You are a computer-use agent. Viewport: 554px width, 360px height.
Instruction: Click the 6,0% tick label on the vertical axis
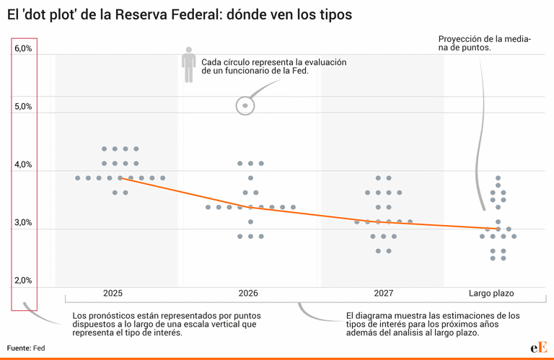click(x=23, y=49)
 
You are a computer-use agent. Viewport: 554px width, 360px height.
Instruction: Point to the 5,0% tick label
click(x=23, y=107)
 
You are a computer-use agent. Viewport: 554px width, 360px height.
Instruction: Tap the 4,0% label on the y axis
click(x=23, y=165)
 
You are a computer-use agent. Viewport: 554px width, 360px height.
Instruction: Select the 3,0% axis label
click(x=23, y=223)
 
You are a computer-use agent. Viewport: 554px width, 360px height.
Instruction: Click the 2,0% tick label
click(x=23, y=281)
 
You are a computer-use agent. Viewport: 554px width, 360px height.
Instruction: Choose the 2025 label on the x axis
click(x=113, y=294)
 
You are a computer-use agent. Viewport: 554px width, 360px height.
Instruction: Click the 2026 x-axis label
click(x=248, y=294)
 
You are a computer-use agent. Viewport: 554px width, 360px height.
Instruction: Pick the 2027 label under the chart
click(x=384, y=294)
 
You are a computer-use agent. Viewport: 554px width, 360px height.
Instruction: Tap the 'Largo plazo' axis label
click(x=491, y=294)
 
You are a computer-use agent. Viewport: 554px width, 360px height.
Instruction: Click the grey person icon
click(x=189, y=65)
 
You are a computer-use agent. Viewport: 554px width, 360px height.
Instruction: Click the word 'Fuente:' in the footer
click(x=19, y=348)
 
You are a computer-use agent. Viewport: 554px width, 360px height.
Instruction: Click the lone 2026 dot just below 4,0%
click(x=250, y=178)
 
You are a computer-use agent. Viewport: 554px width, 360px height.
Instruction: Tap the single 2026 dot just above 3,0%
click(x=250, y=221)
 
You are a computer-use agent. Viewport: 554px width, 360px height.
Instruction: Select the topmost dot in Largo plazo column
click(x=498, y=178)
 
